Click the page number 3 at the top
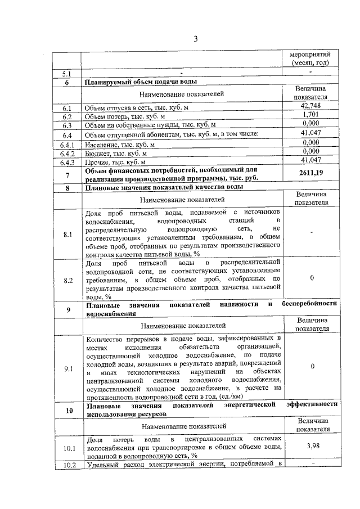[196, 39]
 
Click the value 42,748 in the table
[310, 106]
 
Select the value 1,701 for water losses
[310, 115]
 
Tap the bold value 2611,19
[310, 173]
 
